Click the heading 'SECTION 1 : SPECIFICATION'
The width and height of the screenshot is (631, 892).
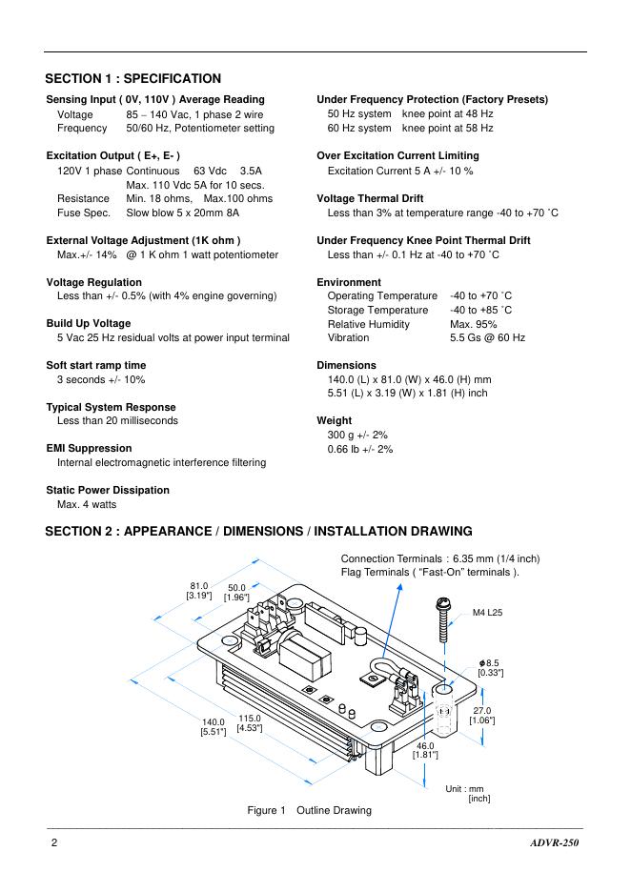(133, 79)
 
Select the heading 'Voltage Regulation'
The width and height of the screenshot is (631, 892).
(94, 282)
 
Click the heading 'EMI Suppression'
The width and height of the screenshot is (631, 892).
(90, 448)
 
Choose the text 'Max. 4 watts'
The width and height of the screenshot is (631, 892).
(87, 504)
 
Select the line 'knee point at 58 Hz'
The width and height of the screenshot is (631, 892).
(447, 128)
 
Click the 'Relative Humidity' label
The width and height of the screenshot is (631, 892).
(368, 324)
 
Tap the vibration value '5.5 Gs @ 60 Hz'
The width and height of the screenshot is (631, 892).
(487, 338)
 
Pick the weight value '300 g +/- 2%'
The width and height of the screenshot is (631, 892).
(357, 435)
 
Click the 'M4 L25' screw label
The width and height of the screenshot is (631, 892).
(487, 613)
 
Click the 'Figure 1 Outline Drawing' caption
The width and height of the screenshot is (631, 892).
(309, 810)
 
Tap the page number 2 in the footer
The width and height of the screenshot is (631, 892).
(54, 843)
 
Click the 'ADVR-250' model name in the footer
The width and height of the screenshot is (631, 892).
(554, 843)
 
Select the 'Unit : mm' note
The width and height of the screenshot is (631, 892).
(465, 789)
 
